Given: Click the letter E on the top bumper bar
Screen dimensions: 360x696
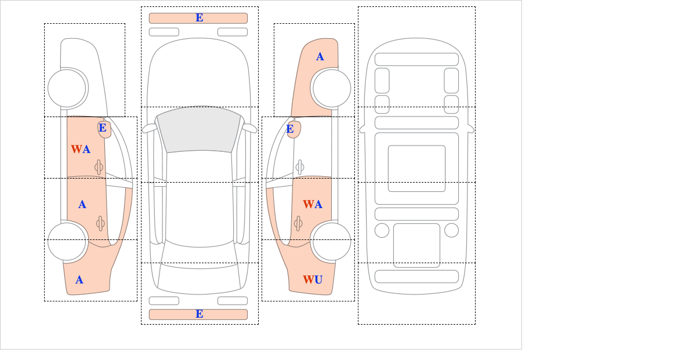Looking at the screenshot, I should tap(199, 18).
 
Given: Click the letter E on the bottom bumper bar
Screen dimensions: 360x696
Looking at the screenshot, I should tap(199, 314).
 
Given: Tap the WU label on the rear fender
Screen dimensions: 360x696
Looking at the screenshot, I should tap(313, 280).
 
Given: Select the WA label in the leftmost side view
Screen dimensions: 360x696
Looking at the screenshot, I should tap(81, 150).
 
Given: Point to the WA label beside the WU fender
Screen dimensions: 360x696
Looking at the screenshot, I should tap(313, 205).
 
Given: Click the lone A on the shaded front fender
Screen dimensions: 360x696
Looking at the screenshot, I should tap(320, 57).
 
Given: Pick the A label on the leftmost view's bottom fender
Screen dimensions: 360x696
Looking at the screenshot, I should tap(79, 280).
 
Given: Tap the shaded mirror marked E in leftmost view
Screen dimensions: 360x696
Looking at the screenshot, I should tap(104, 129).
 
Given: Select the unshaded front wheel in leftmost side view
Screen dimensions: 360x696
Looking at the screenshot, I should tap(67, 89).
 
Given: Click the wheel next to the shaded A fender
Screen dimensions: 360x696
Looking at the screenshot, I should tap(331, 89).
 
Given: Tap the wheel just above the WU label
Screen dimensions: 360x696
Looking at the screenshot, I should tap(331, 241).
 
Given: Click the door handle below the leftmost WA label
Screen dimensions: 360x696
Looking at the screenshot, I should tap(99, 168).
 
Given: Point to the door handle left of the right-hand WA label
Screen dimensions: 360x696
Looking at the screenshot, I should tap(299, 223).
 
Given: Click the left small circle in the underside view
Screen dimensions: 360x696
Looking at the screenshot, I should tap(382, 230).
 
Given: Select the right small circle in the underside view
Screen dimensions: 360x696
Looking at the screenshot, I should tap(451, 230).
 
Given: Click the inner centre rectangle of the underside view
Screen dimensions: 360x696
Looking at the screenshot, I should tap(416, 169).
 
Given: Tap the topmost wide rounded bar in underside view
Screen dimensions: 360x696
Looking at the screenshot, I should tap(416, 59).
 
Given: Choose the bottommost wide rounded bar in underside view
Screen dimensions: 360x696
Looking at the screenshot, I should tap(416, 276).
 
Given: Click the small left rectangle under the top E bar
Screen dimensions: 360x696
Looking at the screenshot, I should tap(164, 31).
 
